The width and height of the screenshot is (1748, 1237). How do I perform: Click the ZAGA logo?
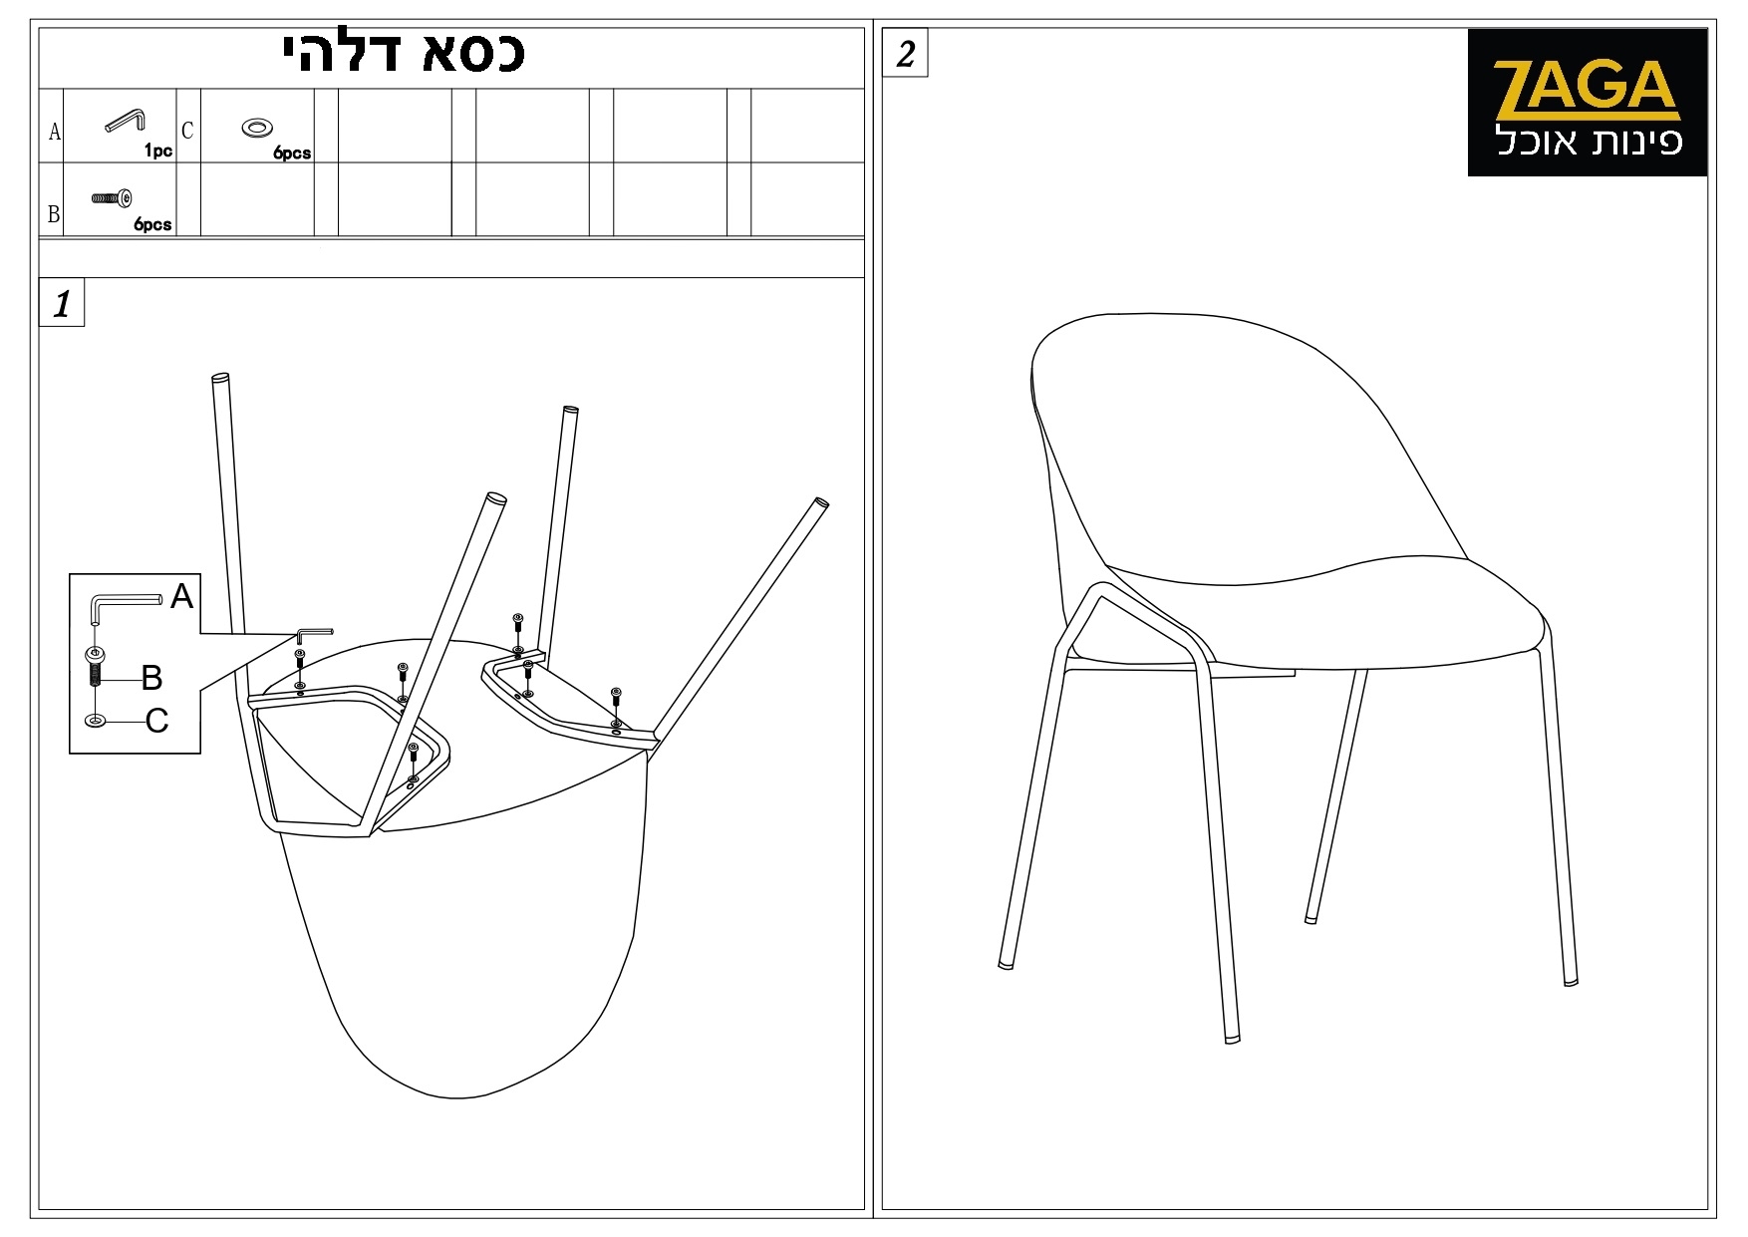point(1587,103)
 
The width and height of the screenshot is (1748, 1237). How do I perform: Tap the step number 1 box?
point(62,304)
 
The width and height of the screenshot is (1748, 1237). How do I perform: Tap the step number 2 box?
point(905,54)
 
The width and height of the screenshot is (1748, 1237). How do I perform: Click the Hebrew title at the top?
point(405,54)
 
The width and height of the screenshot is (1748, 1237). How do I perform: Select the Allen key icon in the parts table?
point(126,120)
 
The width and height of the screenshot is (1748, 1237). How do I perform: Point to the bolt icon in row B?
point(112,198)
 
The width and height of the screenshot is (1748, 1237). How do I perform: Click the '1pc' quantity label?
point(158,152)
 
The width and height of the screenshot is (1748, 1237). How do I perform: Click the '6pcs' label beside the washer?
point(292,154)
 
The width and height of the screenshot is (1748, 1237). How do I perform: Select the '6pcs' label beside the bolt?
point(153,225)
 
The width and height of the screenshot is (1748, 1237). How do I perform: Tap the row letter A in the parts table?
point(55,132)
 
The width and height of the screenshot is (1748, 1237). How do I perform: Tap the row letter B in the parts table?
point(54,214)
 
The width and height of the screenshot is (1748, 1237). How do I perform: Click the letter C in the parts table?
point(187,131)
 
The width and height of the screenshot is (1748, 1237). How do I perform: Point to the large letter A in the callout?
point(181,596)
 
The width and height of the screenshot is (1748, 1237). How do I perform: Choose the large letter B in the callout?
point(151,678)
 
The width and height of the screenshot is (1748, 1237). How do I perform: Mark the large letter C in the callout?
point(157,721)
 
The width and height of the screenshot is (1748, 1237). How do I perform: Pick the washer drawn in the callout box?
point(96,721)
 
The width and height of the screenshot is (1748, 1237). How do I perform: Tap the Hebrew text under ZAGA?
point(1590,141)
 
